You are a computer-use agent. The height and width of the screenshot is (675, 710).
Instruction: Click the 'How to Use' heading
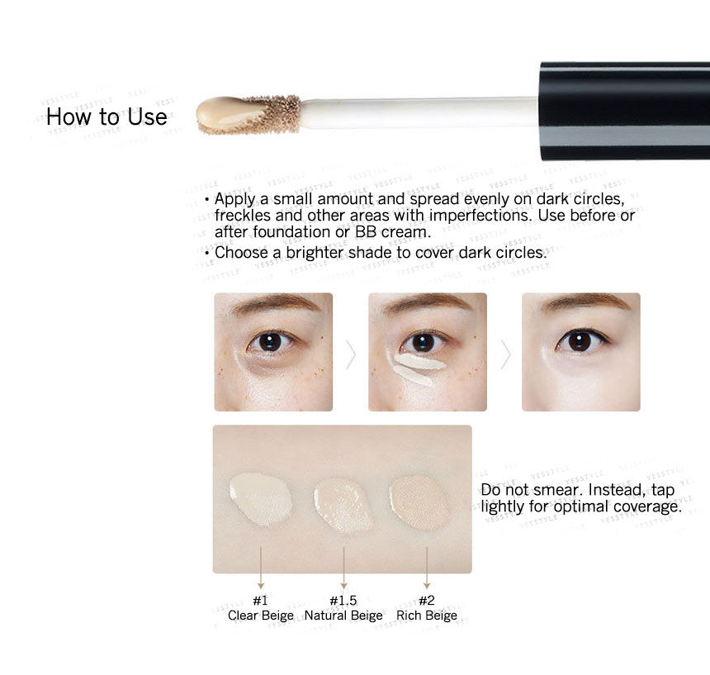[x=106, y=116]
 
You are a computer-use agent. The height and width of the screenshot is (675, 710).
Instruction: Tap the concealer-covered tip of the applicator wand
[x=248, y=115]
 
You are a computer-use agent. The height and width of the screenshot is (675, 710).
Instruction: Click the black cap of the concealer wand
[x=624, y=111]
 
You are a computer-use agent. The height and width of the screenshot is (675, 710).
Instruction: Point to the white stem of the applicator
[x=419, y=112]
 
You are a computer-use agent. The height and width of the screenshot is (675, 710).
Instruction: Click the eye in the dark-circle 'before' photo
[x=270, y=342]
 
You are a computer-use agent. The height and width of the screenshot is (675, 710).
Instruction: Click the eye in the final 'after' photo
[x=580, y=340]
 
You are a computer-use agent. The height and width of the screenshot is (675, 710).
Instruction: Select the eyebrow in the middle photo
[x=426, y=303]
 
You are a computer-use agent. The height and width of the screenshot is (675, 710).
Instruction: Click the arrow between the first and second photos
[x=351, y=354]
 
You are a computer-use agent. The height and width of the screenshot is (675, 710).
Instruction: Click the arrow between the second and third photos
[x=505, y=354]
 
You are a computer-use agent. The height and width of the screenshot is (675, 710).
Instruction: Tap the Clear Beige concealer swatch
[x=261, y=499]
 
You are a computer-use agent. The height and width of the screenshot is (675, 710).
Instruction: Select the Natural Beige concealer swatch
[x=343, y=505]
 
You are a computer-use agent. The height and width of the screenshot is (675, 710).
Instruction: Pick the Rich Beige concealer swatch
[x=419, y=503]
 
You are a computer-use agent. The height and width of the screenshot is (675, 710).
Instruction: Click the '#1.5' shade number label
[x=343, y=601]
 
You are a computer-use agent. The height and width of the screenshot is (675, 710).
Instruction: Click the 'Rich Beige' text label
[x=427, y=616]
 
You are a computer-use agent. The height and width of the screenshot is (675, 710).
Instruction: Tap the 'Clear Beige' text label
[x=261, y=616]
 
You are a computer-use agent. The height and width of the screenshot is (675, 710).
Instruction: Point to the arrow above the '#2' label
[x=427, y=568]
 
